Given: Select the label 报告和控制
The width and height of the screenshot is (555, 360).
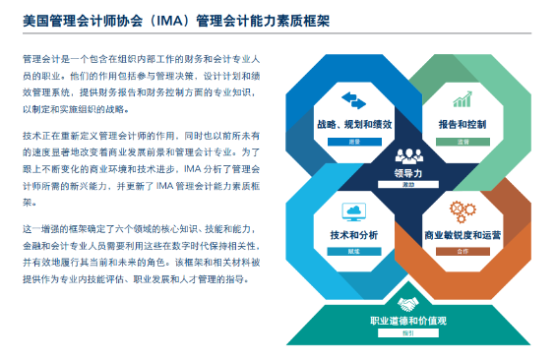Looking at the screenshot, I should pos(461,125).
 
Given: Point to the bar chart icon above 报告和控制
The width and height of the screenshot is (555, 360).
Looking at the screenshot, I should pos(462,100).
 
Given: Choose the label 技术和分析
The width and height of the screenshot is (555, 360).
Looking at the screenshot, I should pos(353,236).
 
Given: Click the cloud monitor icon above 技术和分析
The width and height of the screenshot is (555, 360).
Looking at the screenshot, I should pos(354,211).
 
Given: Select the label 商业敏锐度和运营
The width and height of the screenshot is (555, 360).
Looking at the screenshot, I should pos(462,236).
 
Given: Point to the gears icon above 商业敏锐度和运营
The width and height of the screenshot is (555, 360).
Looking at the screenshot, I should pos(462,210).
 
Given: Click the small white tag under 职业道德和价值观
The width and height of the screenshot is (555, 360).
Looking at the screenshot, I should pos(407,334).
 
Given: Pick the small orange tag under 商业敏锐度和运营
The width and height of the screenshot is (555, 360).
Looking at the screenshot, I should pos(462,251).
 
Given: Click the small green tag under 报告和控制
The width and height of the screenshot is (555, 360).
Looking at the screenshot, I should pos(462,140).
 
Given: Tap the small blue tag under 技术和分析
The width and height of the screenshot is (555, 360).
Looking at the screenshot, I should pos(353,250).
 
